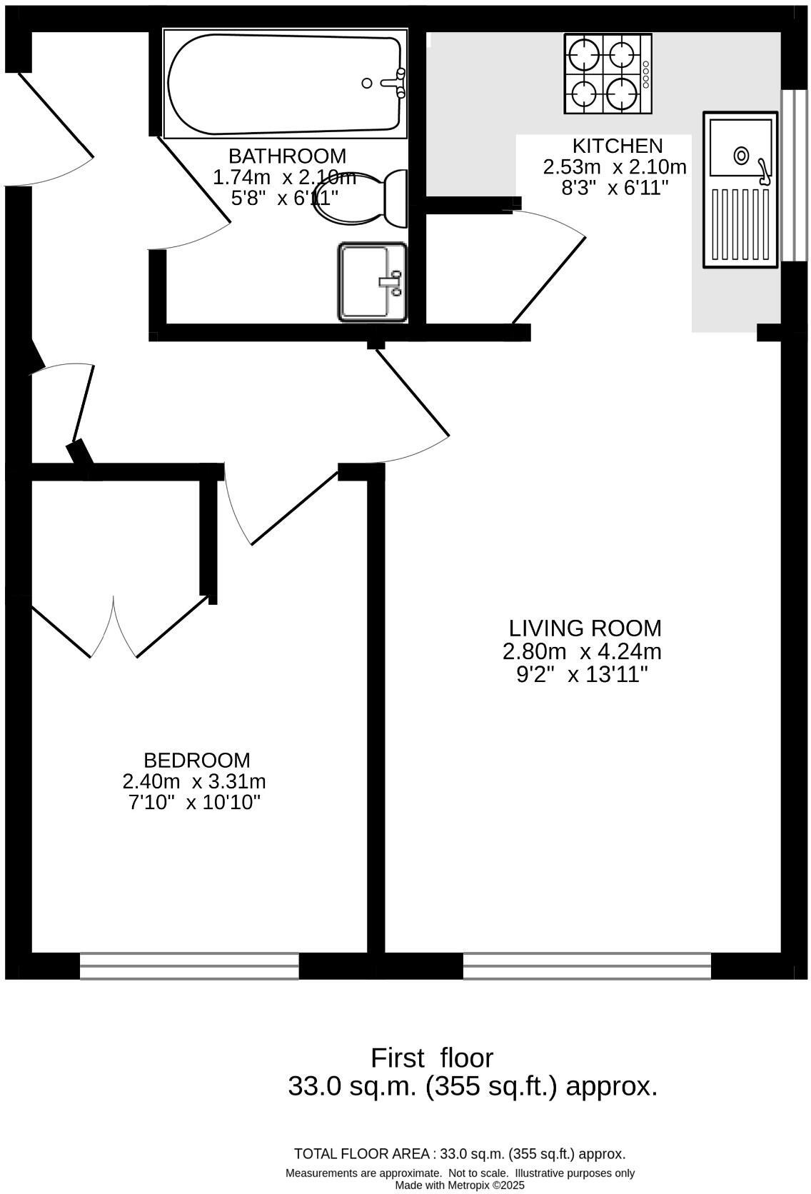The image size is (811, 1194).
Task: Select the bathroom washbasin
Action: pos(372,282)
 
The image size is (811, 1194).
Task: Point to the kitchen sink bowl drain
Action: pos(741,154)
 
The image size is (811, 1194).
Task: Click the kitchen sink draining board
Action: pos(741,224)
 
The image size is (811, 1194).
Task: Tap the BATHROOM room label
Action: pos(287,156)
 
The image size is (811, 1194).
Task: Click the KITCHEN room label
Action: pos(618,146)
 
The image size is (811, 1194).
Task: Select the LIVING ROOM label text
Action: pos(585,628)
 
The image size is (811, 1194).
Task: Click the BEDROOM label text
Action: pos(197,760)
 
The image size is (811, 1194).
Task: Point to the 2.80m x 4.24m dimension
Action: pos(582,651)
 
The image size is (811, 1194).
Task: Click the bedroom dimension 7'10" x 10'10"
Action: pos(194,802)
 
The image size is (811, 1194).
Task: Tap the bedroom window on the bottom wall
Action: pos(189,965)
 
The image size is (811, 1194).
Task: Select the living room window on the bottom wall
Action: pos(587,965)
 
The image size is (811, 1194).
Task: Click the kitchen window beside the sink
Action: pos(789,176)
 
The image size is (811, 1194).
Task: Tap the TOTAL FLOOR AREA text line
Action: pos(460,1153)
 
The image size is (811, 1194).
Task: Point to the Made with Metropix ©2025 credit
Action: pos(460,1185)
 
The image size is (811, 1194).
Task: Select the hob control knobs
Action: pos(645,74)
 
